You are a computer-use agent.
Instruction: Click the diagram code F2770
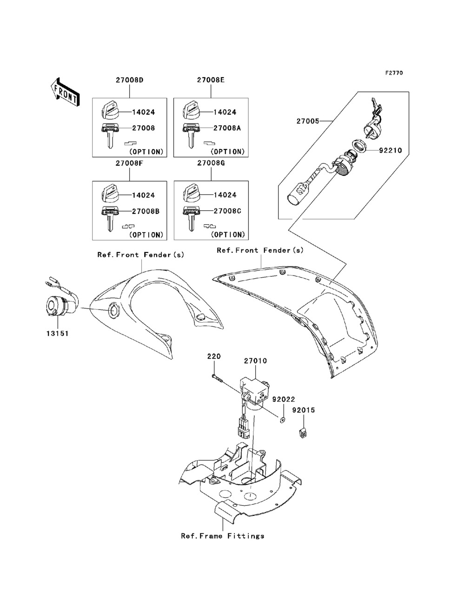point(394,73)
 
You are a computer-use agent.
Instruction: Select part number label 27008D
point(129,80)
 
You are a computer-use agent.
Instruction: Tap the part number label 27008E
point(211,80)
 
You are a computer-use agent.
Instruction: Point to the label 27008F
point(129,163)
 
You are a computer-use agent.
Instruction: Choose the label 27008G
point(211,163)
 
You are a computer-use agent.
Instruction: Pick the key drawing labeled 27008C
point(191,219)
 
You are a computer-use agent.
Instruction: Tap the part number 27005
point(308,121)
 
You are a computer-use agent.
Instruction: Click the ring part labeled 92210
point(359,146)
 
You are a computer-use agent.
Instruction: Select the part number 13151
point(57,333)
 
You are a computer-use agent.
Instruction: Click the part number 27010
point(255,361)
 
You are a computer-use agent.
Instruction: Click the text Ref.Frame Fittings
point(223,536)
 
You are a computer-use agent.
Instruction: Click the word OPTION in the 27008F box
point(146,235)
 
